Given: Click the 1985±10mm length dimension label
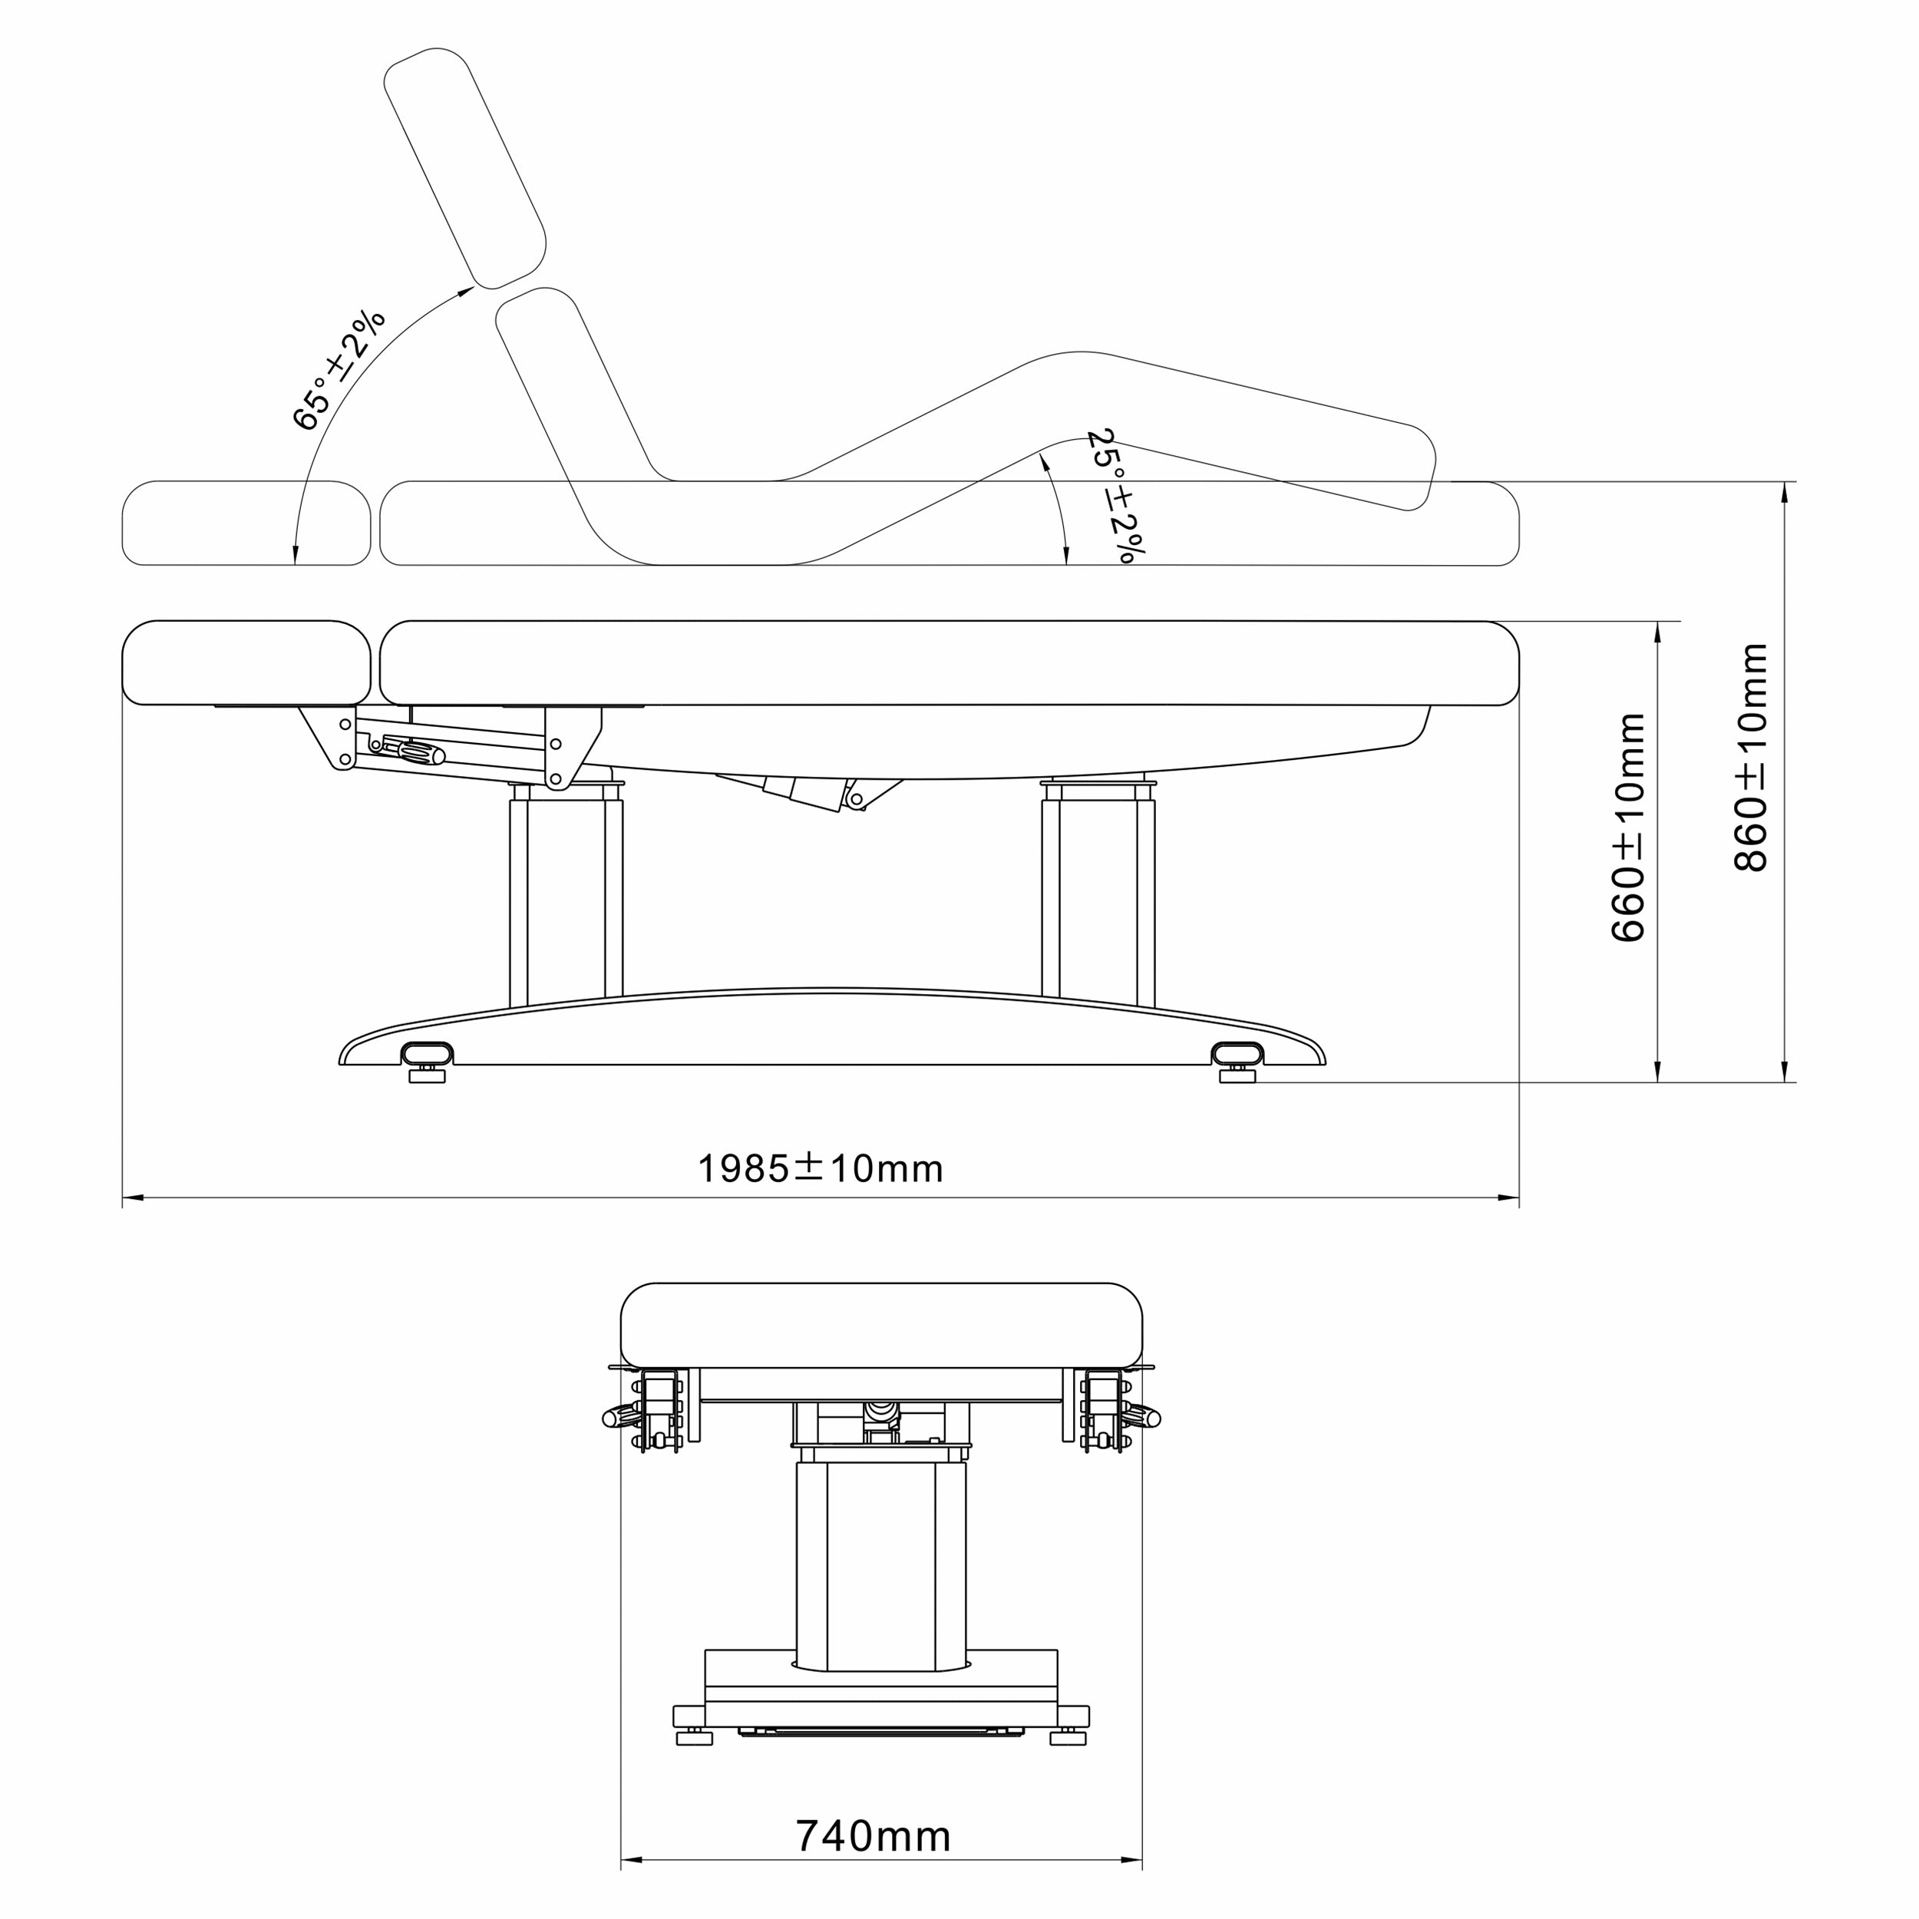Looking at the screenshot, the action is [x=821, y=1168].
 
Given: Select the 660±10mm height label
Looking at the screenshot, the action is [x=1628, y=827].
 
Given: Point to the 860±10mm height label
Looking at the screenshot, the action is [x=1751, y=757].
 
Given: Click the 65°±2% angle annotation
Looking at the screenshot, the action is [x=339, y=369].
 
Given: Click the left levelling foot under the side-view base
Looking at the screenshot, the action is [x=427, y=1074].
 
